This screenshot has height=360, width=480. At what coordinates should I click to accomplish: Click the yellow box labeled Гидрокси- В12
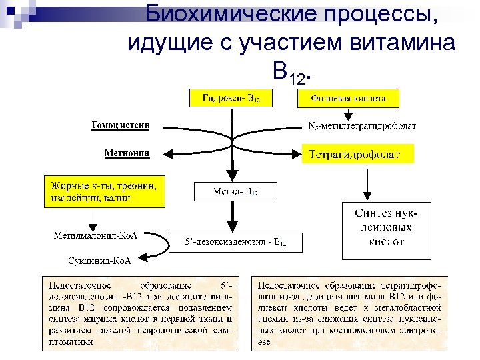[x=231, y=98]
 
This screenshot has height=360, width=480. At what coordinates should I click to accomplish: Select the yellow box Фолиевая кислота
[x=348, y=98]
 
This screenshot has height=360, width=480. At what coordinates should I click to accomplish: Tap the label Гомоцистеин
[x=120, y=125]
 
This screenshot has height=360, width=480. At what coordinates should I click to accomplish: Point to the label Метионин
[x=127, y=153]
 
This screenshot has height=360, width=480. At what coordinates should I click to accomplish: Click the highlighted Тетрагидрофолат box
[x=359, y=154]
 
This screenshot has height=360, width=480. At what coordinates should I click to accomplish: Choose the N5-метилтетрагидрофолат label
[x=362, y=125]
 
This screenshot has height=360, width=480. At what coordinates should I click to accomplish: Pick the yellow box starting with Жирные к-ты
[x=103, y=191]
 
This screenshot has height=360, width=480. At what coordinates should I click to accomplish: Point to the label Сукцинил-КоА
[x=100, y=261]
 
